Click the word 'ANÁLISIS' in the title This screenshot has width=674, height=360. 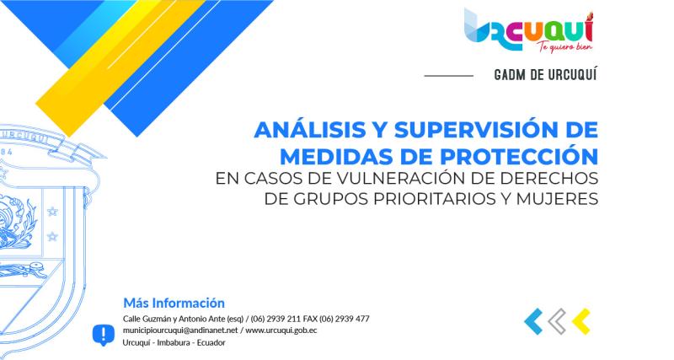click(x=303, y=132)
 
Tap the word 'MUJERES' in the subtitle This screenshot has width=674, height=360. click(x=554, y=200)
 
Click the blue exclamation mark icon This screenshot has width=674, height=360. click(x=103, y=334)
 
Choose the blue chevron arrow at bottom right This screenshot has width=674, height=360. click(x=533, y=320)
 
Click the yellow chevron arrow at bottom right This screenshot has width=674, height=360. click(x=580, y=320)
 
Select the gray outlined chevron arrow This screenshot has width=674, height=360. click(x=557, y=320)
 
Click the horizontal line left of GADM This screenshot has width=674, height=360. click(x=448, y=76)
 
